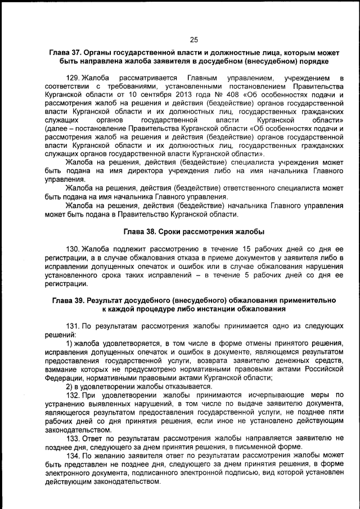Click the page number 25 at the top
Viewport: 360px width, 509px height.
(194, 39)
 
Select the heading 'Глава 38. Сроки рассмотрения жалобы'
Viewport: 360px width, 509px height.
(193, 232)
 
